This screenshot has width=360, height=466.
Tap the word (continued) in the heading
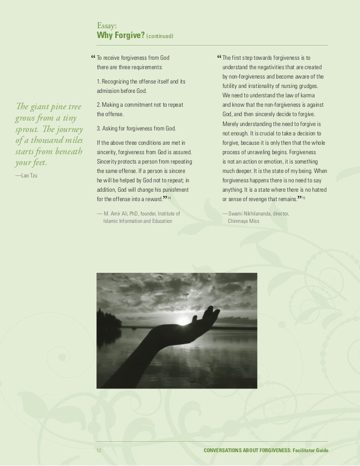[x=159, y=37]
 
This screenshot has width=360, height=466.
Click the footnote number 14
[x=169, y=198]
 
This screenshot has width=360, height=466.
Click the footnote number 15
[x=304, y=198]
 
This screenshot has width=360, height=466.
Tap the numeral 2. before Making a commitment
[x=99, y=105]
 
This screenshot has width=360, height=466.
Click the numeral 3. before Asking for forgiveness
[x=99, y=129]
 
